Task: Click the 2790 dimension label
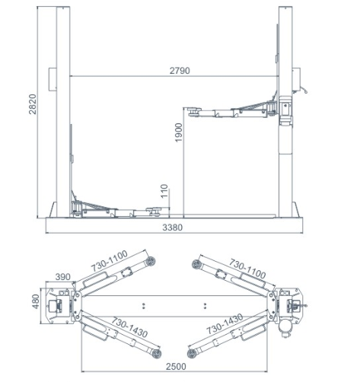click(180, 70)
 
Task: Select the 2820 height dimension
click(33, 104)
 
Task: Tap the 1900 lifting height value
click(179, 132)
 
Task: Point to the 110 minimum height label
click(164, 191)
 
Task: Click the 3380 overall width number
click(172, 228)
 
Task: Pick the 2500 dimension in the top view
click(176, 367)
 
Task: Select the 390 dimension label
click(62, 277)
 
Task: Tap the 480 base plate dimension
click(36, 301)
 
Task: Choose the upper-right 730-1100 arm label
click(247, 269)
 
